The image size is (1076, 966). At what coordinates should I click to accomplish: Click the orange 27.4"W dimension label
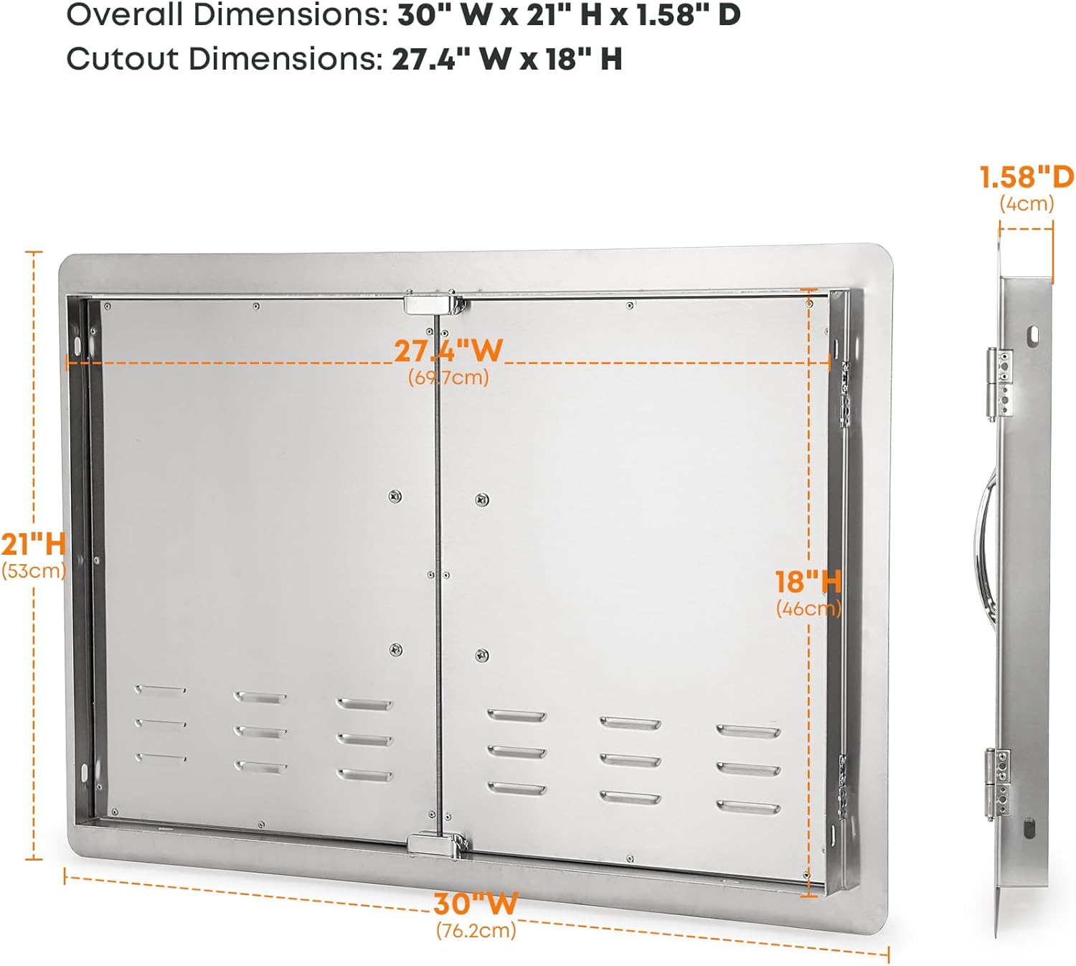pyautogui.click(x=448, y=351)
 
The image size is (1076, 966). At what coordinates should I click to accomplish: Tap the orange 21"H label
pyautogui.click(x=33, y=544)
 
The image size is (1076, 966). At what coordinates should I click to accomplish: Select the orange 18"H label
pyautogui.click(x=808, y=582)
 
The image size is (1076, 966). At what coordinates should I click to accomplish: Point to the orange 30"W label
pyautogui.click(x=475, y=904)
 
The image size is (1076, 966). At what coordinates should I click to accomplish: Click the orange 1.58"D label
pyautogui.click(x=1027, y=177)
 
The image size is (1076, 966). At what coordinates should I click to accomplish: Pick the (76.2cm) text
pyautogui.click(x=476, y=930)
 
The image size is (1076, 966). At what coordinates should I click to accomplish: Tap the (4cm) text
pyautogui.click(x=1027, y=203)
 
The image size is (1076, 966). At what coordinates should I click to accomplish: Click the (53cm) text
pyautogui.click(x=34, y=571)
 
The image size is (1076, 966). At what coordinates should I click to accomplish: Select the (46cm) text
pyautogui.click(x=808, y=609)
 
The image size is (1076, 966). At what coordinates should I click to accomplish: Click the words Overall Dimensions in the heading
pyautogui.click(x=227, y=14)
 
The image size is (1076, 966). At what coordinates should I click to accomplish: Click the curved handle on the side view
pyautogui.click(x=983, y=545)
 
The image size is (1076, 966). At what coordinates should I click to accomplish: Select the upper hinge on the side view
pyautogui.click(x=999, y=384)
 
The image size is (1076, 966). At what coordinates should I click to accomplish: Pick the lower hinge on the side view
pyautogui.click(x=998, y=784)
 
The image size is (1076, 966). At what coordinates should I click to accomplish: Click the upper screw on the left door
pyautogui.click(x=395, y=496)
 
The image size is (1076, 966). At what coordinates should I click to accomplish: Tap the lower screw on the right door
pyautogui.click(x=482, y=654)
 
